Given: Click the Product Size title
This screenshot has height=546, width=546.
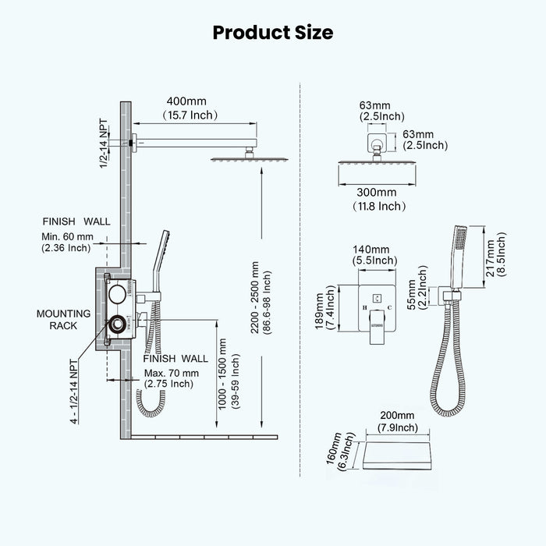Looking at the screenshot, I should click(x=273, y=32).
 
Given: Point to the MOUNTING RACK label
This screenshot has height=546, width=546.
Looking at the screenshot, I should click(x=58, y=319).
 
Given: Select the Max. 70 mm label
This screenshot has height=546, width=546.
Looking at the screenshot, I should click(x=169, y=372).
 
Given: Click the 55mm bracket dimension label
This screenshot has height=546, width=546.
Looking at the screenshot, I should click(x=418, y=286).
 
